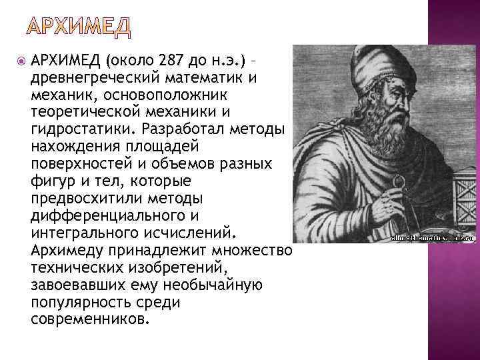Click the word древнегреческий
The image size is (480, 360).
pos(91,77)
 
